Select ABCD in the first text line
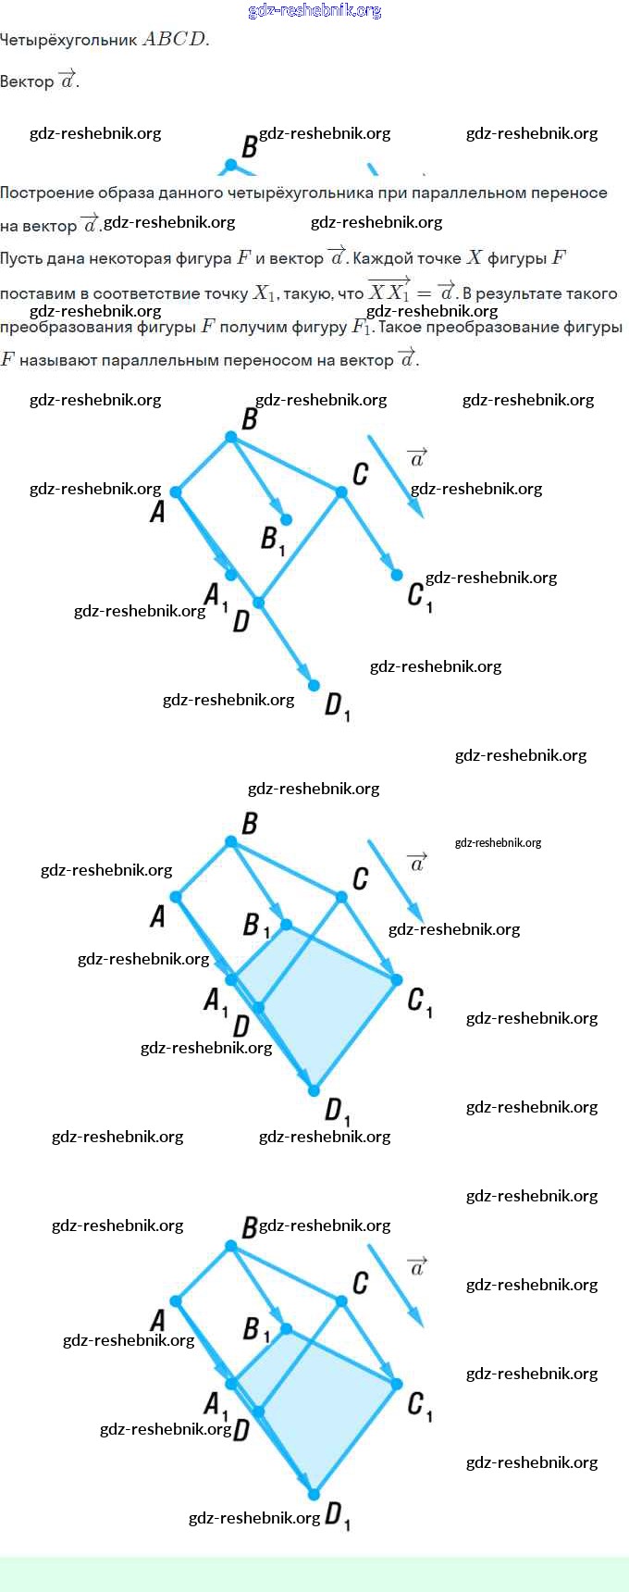pos(175,40)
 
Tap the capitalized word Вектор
pos(27,81)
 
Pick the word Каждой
pos(380,259)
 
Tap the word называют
pos(59,360)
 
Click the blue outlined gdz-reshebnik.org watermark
pos(314,11)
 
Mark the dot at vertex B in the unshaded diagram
pos(231,437)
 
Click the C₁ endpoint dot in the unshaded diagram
pos(397,575)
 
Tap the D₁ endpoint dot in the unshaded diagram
pos(314,685)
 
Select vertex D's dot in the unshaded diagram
pos(259,603)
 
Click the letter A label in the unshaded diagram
pos(157,510)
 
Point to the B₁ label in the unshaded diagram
pos(272,540)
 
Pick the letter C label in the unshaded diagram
pos(361,474)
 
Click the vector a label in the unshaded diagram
pos(417,457)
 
